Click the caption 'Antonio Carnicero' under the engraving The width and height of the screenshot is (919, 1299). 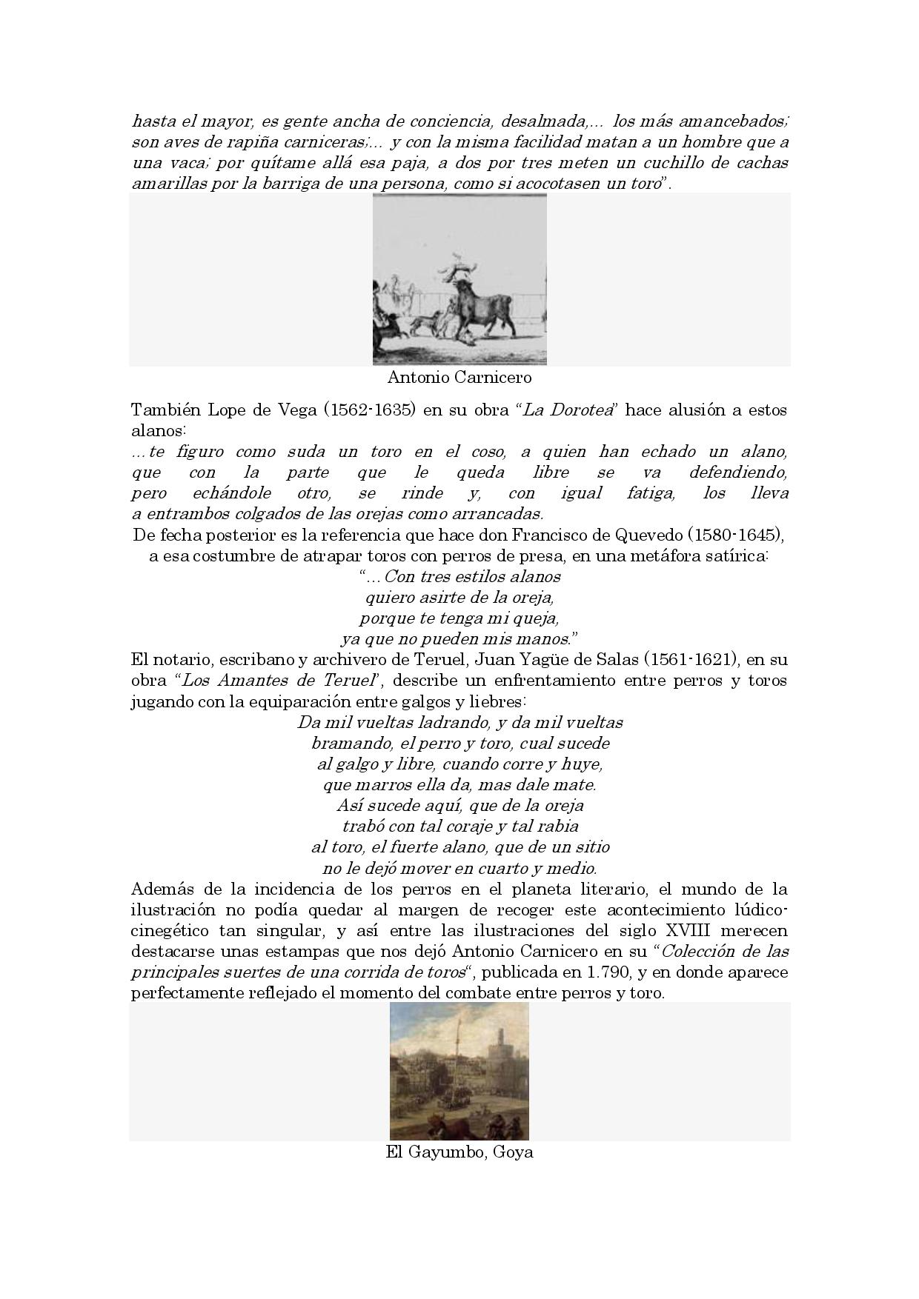coord(459,378)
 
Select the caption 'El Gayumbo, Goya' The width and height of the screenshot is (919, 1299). coord(459,1152)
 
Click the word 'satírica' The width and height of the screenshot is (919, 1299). coord(731,555)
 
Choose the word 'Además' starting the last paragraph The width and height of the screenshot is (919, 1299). coord(156,889)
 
